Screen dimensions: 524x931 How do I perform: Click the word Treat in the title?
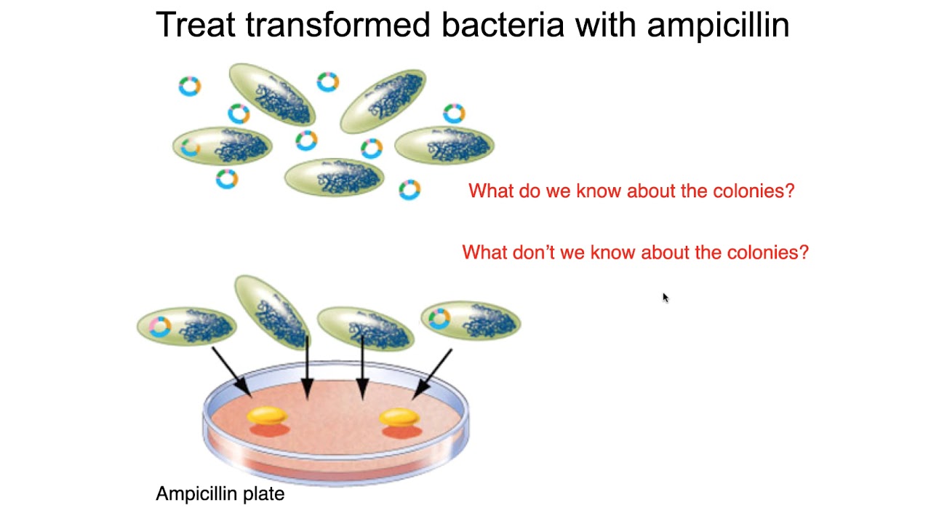[194, 25]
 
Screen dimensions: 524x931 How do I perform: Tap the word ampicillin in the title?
[718, 26]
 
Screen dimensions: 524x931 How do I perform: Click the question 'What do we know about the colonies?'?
[631, 191]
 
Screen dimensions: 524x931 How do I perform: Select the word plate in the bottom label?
[263, 494]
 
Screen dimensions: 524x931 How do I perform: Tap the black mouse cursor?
[665, 297]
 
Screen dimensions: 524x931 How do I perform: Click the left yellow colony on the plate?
[268, 416]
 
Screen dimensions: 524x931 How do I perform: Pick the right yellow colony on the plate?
[399, 417]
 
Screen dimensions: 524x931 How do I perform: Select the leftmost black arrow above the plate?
[231, 371]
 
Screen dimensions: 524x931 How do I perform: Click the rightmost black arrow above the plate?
[433, 373]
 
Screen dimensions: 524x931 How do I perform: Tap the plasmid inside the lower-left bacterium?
[159, 327]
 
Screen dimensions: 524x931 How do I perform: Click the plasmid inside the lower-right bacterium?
[439, 319]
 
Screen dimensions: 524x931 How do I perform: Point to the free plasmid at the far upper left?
[190, 86]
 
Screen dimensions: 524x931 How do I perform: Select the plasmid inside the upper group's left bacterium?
[191, 148]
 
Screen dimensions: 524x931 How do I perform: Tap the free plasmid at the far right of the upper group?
[454, 113]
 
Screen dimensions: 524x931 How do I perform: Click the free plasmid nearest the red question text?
[409, 190]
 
